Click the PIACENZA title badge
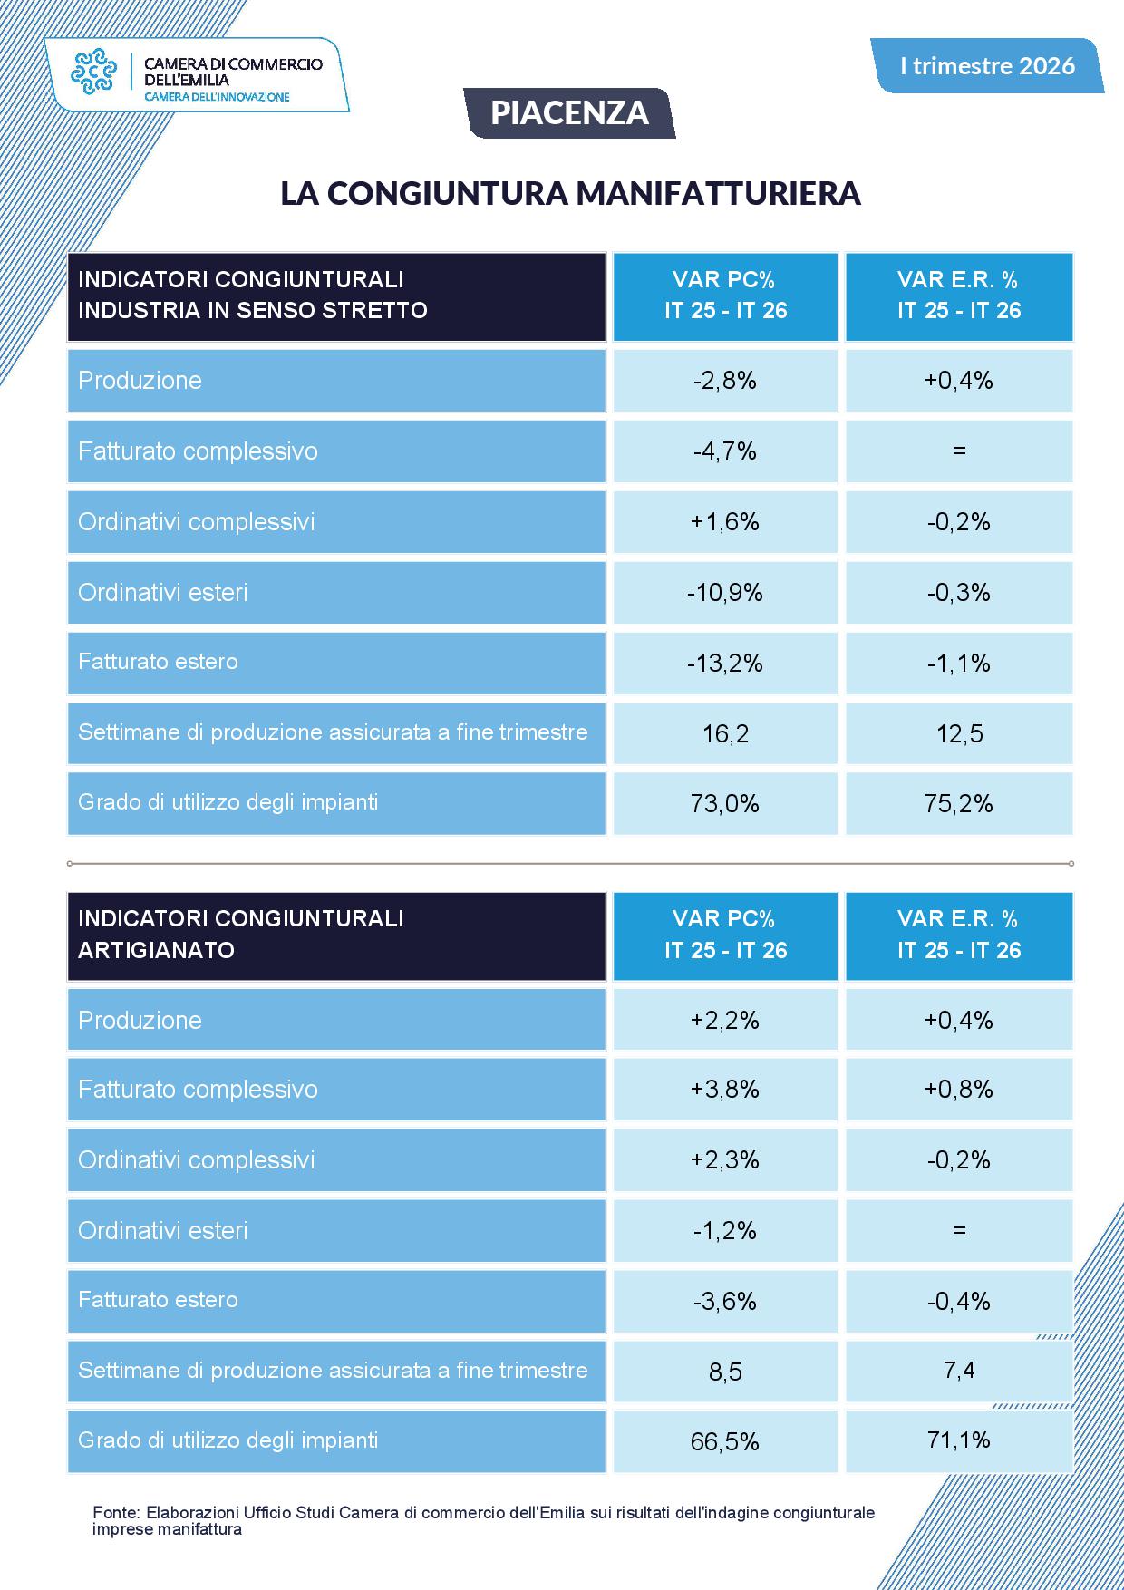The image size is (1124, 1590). [569, 112]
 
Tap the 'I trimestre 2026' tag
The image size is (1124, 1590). [987, 65]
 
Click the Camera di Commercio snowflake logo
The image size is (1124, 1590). [94, 73]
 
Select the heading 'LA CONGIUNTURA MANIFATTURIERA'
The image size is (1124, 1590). [570, 193]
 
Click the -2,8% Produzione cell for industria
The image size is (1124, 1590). [725, 381]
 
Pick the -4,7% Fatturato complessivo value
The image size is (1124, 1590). [725, 451]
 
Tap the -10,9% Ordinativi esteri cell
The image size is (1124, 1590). [725, 593]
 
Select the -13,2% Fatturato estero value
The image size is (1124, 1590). [725, 664]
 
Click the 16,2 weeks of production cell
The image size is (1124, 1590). [725, 733]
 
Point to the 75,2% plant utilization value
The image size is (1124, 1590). [959, 804]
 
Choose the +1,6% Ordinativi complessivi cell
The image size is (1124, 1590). [725, 522]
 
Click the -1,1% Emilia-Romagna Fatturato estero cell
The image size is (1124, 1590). [959, 664]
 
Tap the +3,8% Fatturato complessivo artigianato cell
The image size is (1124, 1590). [725, 1090]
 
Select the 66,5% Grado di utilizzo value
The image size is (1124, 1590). [725, 1441]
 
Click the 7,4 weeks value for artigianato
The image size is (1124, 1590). [959, 1371]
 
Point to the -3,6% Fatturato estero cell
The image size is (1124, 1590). [725, 1302]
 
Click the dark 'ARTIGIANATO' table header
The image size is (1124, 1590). [336, 936]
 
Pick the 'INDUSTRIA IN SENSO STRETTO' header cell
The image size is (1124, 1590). [336, 297]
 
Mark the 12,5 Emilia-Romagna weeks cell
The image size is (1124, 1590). [959, 733]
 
